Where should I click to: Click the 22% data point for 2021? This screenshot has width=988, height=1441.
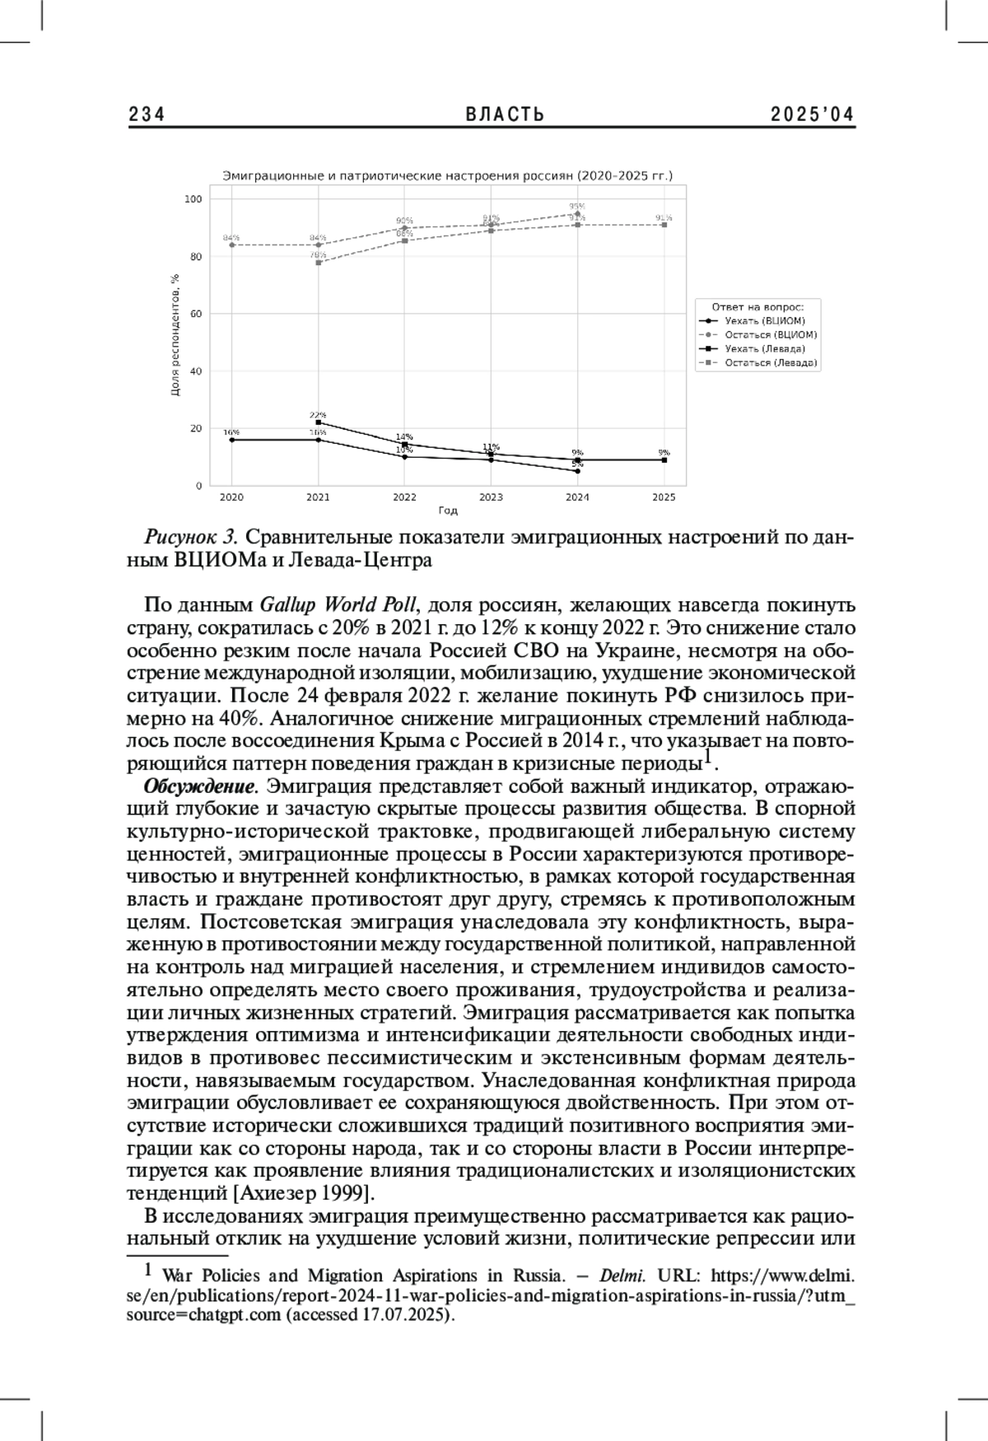[x=318, y=422]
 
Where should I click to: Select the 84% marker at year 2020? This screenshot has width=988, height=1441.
[x=231, y=245]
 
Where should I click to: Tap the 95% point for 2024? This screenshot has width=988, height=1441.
[x=577, y=213]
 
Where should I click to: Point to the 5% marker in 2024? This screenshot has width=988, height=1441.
[x=577, y=471]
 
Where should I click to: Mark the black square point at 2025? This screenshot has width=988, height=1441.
[x=664, y=460]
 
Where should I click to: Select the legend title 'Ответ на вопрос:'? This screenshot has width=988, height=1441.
[x=757, y=305]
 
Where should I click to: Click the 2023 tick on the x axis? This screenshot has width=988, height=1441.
[x=491, y=497]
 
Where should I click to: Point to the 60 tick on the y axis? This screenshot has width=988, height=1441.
[x=195, y=314]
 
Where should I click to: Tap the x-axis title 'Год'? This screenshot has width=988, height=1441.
[x=447, y=511]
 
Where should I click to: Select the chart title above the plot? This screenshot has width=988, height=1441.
[x=448, y=175]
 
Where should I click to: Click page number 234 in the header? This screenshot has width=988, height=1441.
[x=147, y=114]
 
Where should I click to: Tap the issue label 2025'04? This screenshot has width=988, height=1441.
[x=813, y=114]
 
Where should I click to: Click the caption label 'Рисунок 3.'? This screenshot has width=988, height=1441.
[x=191, y=538]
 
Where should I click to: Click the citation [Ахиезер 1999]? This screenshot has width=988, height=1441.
[x=305, y=1193]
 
